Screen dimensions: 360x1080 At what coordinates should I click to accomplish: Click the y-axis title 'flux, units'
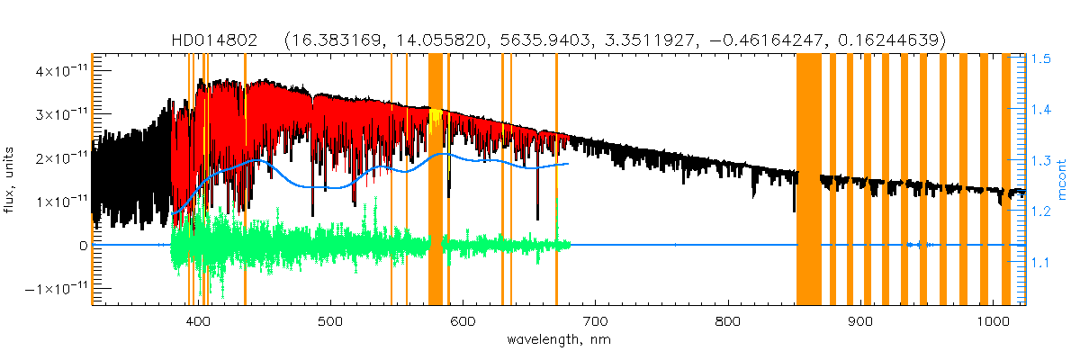(x=12, y=181)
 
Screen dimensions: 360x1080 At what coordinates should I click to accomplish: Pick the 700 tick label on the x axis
(x=595, y=321)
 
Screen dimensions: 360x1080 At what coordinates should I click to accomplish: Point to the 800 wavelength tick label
(x=727, y=321)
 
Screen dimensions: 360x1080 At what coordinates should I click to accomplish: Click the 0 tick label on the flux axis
(x=83, y=245)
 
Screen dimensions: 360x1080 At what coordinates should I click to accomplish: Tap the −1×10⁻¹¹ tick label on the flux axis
(x=52, y=289)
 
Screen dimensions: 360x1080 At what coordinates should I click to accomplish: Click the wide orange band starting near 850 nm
(x=808, y=180)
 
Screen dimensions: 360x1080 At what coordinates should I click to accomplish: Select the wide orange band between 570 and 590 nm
(x=436, y=180)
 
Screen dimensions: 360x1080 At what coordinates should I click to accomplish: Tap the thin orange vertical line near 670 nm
(x=556, y=180)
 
